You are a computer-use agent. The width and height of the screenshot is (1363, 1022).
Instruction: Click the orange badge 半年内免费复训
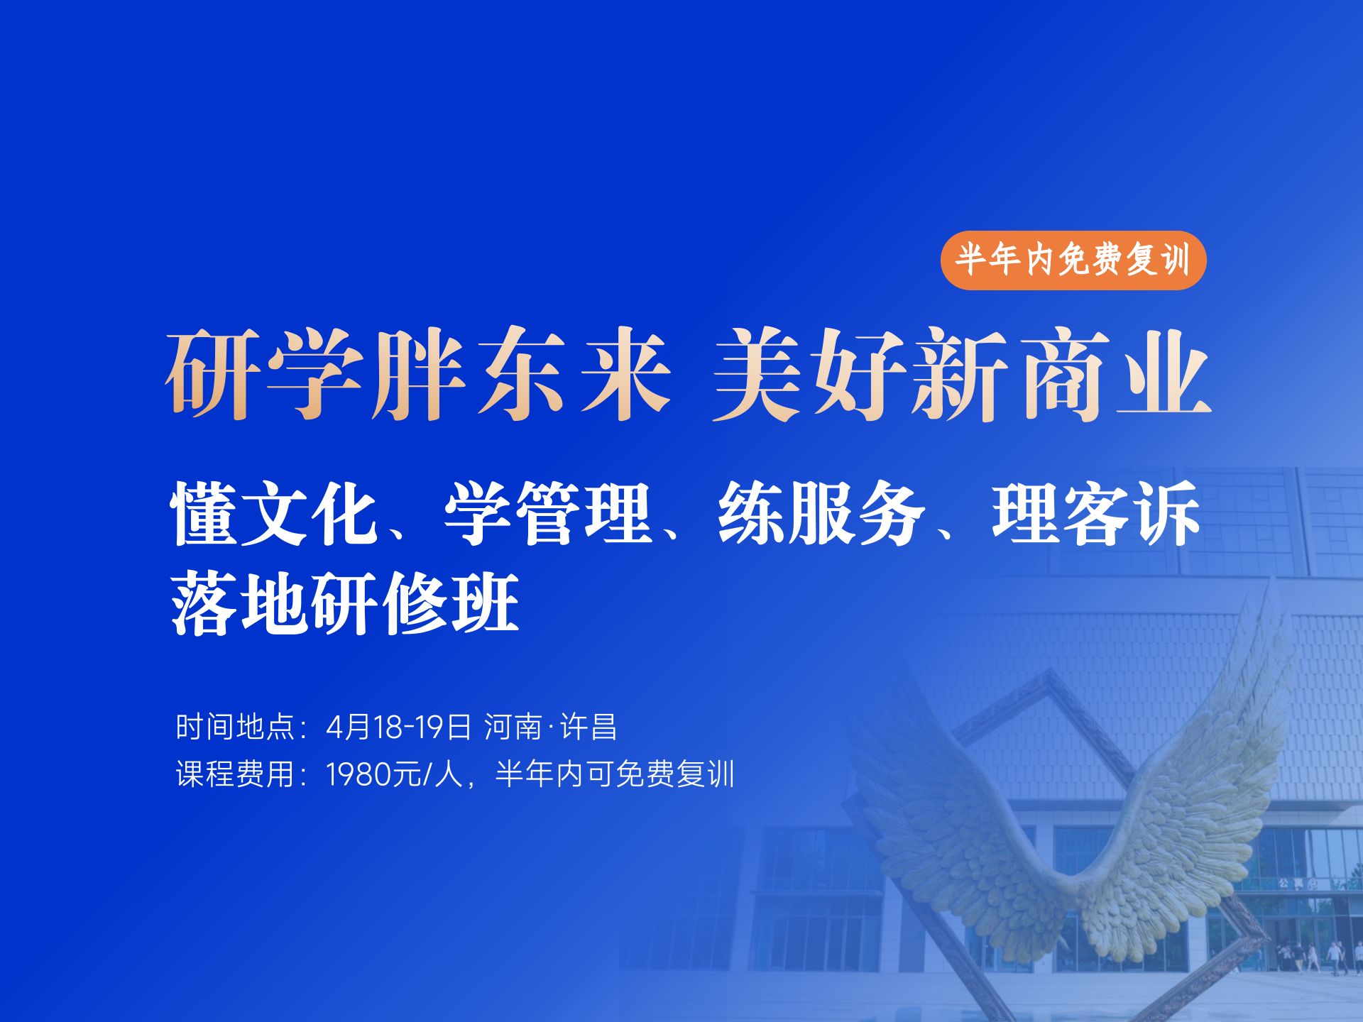tap(1073, 260)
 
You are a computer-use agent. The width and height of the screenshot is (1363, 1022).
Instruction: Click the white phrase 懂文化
tap(273, 513)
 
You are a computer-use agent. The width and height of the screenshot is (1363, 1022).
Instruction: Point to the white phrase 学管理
tap(547, 513)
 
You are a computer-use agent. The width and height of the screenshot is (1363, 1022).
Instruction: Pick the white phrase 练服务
tap(821, 513)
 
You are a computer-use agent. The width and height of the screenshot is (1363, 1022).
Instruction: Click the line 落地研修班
tap(345, 604)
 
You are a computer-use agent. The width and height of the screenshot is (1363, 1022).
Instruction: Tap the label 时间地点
tap(234, 727)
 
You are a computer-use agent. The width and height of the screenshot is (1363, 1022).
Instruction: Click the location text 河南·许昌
tap(550, 727)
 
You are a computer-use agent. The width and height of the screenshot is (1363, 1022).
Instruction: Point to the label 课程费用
tap(234, 774)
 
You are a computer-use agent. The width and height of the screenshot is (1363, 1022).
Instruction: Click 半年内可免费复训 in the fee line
tap(615, 774)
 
